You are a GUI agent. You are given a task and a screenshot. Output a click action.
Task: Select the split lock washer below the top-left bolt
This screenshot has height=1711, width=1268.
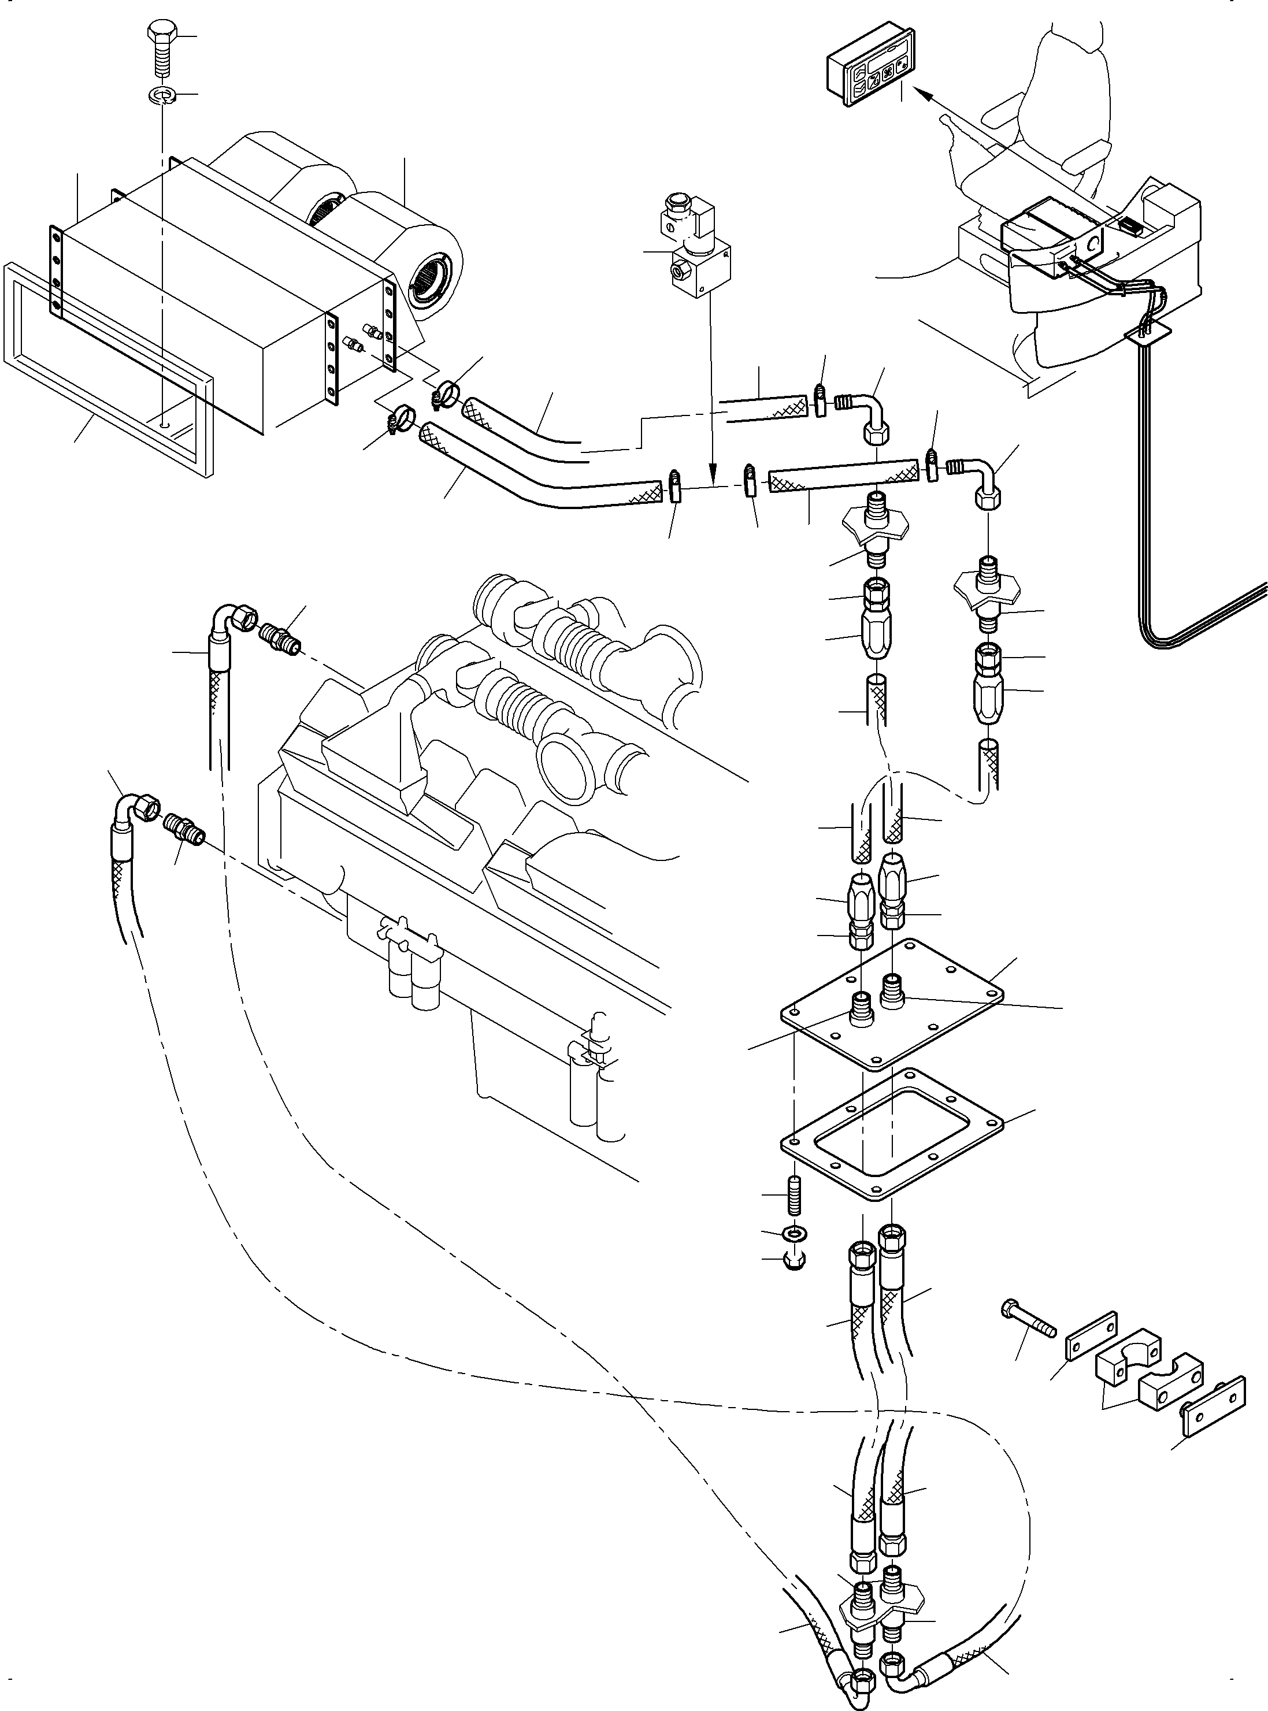click(162, 96)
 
